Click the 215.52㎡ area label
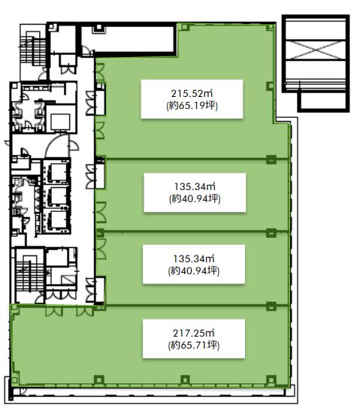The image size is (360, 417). (192, 93)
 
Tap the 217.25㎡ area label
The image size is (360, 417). (194, 333)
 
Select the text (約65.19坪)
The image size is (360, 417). (192, 106)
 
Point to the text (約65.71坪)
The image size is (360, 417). (194, 345)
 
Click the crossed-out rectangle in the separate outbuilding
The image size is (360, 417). (316, 50)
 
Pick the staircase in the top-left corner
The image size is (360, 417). (33, 50)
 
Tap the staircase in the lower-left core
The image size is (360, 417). (29, 275)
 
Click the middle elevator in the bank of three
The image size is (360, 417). (58, 196)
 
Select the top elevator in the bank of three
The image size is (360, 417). (58, 172)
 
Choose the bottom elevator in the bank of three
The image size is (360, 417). (58, 220)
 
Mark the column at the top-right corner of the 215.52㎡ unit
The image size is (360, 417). (270, 27)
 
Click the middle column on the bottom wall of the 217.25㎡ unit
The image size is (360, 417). (185, 379)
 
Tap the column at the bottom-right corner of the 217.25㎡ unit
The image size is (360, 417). (271, 379)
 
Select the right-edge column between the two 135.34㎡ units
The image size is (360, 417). (271, 233)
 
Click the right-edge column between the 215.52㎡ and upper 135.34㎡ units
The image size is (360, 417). (271, 159)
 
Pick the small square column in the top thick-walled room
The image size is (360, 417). (99, 27)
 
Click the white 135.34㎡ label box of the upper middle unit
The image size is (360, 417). (195, 192)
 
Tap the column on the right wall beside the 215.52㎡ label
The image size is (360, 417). (270, 86)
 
